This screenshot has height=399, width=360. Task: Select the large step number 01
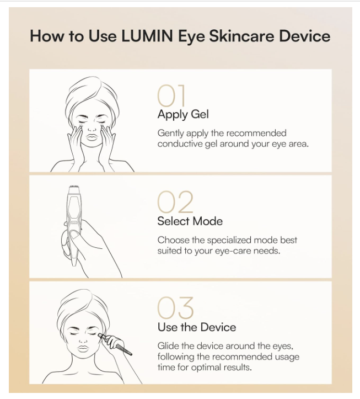tap(173, 96)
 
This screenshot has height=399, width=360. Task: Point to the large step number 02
tap(175, 203)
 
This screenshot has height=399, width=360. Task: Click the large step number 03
tap(175, 308)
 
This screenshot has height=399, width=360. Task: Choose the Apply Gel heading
tap(183, 115)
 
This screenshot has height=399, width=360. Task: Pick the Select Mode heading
tap(190, 221)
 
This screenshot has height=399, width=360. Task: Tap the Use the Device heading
tap(196, 327)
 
